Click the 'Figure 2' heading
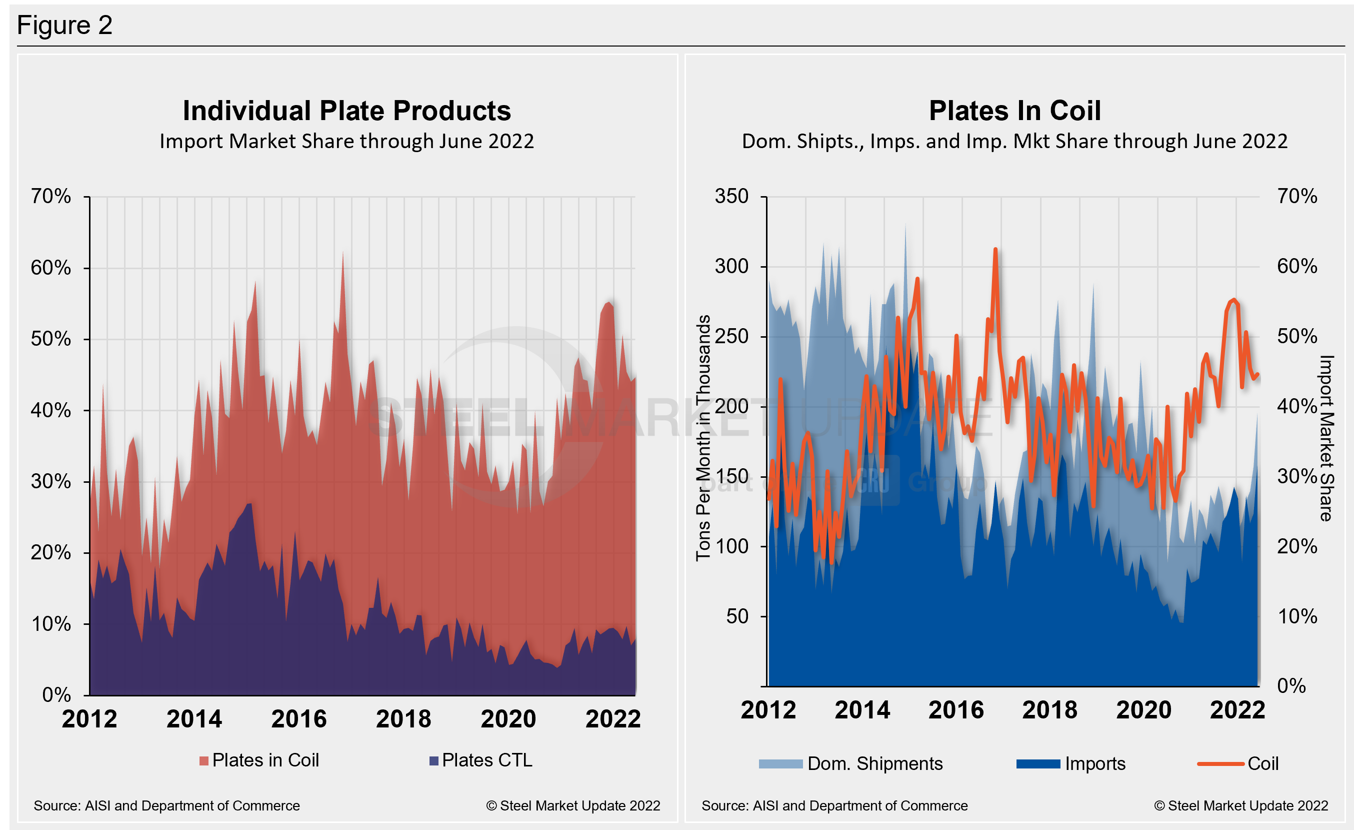pyautogui.click(x=64, y=26)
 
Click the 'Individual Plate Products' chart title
pyautogui.click(x=346, y=111)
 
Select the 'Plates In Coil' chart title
pyautogui.click(x=1014, y=111)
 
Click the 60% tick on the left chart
pyautogui.click(x=51, y=268)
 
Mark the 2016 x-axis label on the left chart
pyautogui.click(x=299, y=719)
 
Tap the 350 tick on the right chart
pyautogui.click(x=731, y=196)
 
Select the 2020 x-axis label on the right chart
pyautogui.click(x=1143, y=710)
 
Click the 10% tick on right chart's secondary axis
pyautogui.click(x=1297, y=616)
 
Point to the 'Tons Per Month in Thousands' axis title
pyautogui.click(x=703, y=438)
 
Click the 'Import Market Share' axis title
pyautogui.click(x=1326, y=438)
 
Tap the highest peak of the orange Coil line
pyautogui.click(x=995, y=250)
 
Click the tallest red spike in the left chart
pyautogui.click(x=343, y=253)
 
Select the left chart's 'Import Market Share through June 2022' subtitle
pyautogui.click(x=346, y=141)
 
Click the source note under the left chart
pyautogui.click(x=166, y=806)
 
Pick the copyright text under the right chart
pyautogui.click(x=1241, y=806)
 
